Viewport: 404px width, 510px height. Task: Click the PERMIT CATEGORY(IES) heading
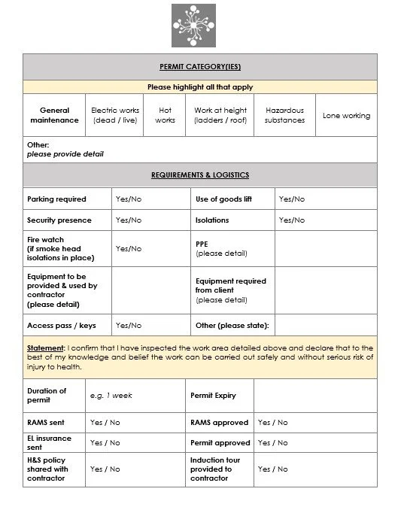[x=199, y=66]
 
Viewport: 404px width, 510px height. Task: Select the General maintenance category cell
[x=54, y=115]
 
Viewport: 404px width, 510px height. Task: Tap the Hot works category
[x=165, y=115]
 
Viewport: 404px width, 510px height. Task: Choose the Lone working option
[x=346, y=116]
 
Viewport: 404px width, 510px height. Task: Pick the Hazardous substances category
[x=284, y=115]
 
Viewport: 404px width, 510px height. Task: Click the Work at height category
[x=220, y=115]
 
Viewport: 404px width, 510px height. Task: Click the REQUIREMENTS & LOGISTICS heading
[x=199, y=175]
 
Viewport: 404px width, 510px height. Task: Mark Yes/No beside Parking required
[x=128, y=199]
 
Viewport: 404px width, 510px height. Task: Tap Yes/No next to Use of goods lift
[x=292, y=199]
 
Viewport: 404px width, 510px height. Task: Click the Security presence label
[x=59, y=220]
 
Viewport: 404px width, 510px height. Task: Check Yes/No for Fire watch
[x=128, y=248]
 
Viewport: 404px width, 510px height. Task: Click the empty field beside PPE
[x=325, y=249]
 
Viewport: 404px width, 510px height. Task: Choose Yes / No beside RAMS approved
[x=272, y=423]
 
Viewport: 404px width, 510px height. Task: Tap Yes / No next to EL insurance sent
[x=105, y=443]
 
